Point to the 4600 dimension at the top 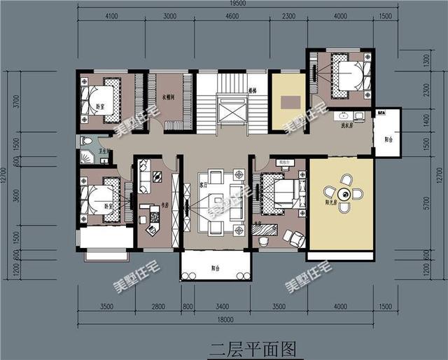(x=232, y=17)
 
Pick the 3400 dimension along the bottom (x=223, y=306)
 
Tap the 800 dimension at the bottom (x=187, y=306)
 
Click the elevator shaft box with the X (x=232, y=114)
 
